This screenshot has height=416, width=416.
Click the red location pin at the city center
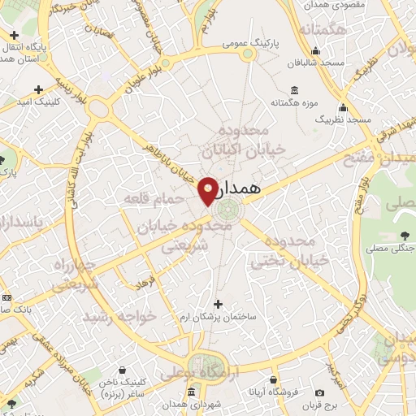tap(208, 191)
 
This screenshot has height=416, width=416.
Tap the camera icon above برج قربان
tap(331, 393)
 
